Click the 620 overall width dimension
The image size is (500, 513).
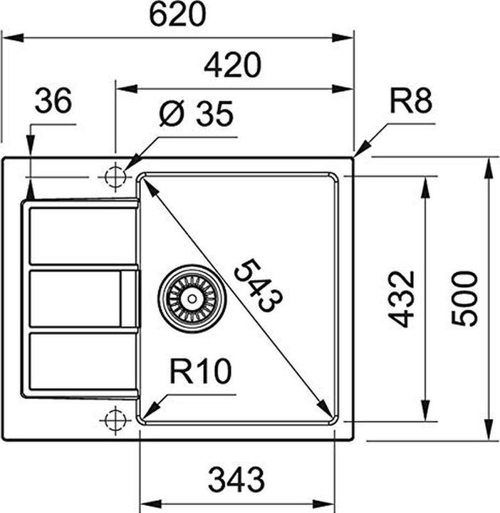[177, 14]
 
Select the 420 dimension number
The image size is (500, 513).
[232, 66]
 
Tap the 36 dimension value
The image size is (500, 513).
[53, 100]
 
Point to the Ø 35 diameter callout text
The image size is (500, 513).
[195, 114]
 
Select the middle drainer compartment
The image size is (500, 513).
[75, 299]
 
